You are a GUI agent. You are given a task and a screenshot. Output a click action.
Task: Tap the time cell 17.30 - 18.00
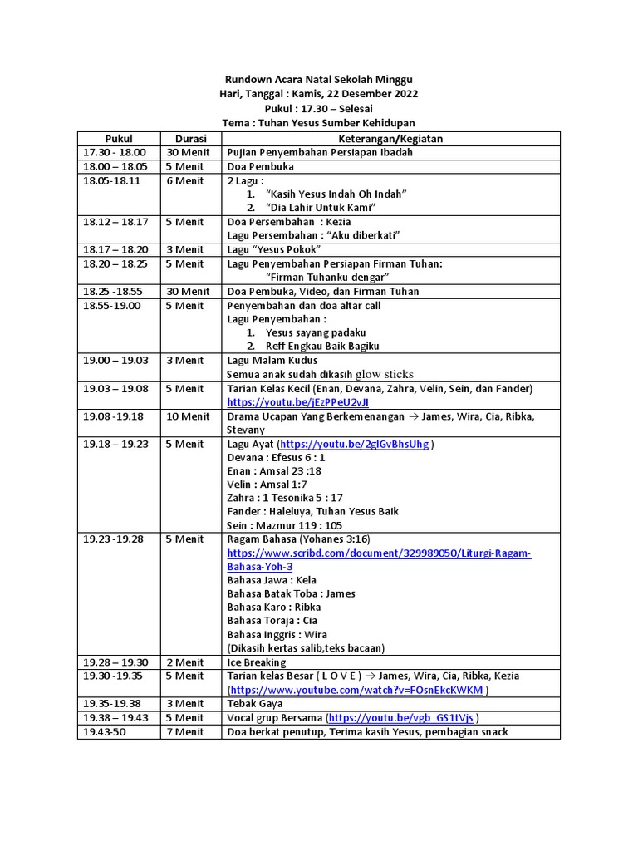(115, 153)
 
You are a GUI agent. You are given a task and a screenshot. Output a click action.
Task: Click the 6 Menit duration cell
(184, 180)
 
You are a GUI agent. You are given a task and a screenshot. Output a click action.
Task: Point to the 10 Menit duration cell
(188, 416)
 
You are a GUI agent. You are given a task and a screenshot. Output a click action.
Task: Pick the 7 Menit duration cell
(184, 732)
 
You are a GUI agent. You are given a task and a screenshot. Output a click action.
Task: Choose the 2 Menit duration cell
(184, 662)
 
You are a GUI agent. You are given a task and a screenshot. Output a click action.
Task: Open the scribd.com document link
(379, 560)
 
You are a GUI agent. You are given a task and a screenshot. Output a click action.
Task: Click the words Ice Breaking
(257, 662)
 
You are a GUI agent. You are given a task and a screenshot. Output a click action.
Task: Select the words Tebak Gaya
(255, 704)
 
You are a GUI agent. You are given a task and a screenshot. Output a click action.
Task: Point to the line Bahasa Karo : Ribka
(274, 607)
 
